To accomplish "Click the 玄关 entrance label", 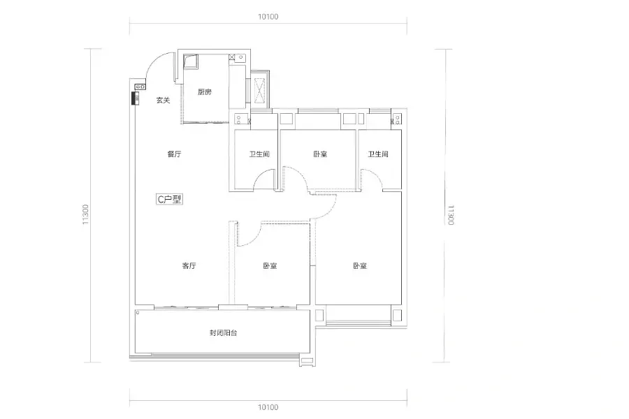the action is pyautogui.click(x=163, y=101).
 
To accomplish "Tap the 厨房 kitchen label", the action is pyautogui.click(x=205, y=91).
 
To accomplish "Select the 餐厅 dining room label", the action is pyautogui.click(x=174, y=154).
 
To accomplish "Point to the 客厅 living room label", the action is pyautogui.click(x=189, y=265).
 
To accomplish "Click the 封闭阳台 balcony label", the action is pyautogui.click(x=223, y=332).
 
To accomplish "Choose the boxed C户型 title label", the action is pyautogui.click(x=169, y=199).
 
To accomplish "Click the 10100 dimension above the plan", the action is pyautogui.click(x=268, y=17).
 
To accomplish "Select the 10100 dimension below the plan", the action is pyautogui.click(x=268, y=407).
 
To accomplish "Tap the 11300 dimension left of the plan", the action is pyautogui.click(x=85, y=214).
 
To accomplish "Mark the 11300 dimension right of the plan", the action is pyautogui.click(x=451, y=215).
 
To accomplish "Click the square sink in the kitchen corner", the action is pyautogui.click(x=191, y=61).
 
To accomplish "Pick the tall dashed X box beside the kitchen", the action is pyautogui.click(x=259, y=90).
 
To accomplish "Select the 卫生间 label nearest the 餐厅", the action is pyautogui.click(x=259, y=154).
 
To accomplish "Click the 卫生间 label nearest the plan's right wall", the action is pyautogui.click(x=378, y=154).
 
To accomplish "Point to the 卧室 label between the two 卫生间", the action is pyautogui.click(x=320, y=154).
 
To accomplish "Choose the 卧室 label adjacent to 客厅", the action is pyautogui.click(x=270, y=265).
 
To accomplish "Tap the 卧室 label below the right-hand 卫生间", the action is pyautogui.click(x=360, y=265).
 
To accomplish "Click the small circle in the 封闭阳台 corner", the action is pyautogui.click(x=138, y=312).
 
